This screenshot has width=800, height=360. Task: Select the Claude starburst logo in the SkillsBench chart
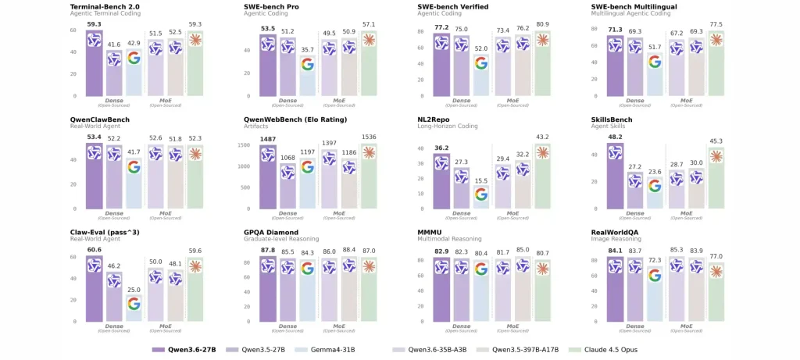tap(714, 156)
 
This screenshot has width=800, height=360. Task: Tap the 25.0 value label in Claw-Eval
tap(134, 290)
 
